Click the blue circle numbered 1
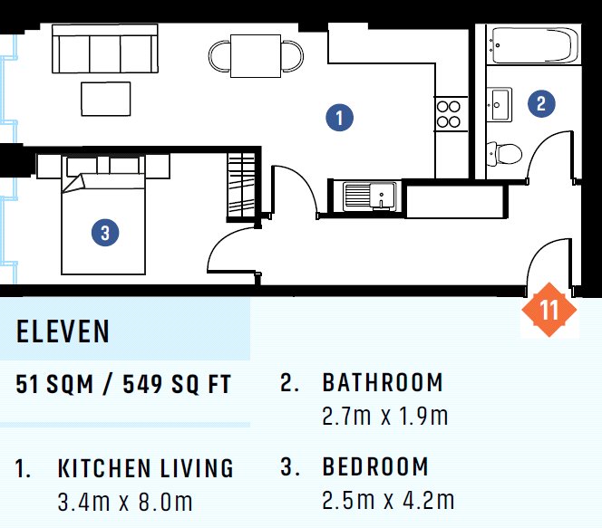(x=339, y=118)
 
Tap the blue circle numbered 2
(x=541, y=103)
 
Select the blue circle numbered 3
(x=105, y=233)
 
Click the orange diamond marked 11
(x=549, y=310)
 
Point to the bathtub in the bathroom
(x=534, y=45)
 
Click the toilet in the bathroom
(x=504, y=153)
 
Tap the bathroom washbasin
(x=500, y=104)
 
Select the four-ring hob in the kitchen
(x=449, y=114)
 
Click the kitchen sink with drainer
(x=369, y=197)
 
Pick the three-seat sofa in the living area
(x=105, y=49)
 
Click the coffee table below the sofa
(x=105, y=99)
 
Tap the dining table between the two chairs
(x=256, y=56)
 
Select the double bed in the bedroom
(x=103, y=215)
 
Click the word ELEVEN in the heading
(x=63, y=331)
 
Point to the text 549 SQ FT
(x=177, y=384)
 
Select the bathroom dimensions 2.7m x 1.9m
(x=385, y=417)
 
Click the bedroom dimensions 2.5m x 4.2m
(x=388, y=501)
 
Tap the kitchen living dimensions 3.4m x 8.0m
(x=125, y=503)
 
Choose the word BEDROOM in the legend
(x=375, y=466)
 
